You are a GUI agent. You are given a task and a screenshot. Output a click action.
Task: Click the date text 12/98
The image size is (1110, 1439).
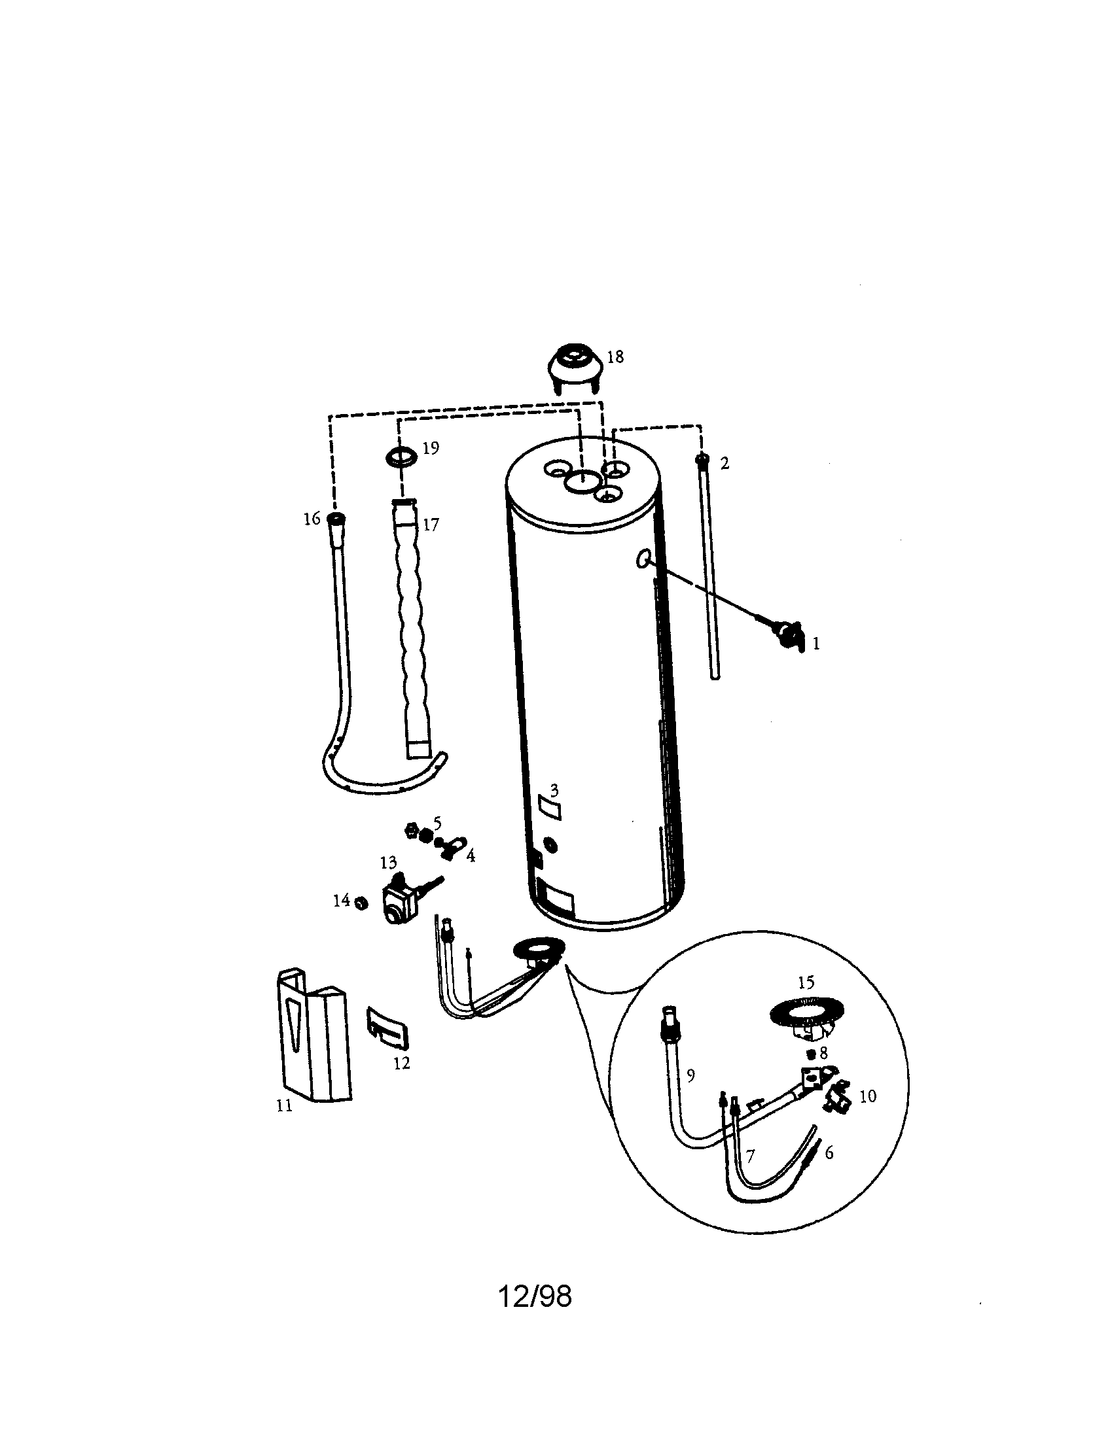point(535,1297)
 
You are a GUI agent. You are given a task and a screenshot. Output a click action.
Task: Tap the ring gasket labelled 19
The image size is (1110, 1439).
point(401,455)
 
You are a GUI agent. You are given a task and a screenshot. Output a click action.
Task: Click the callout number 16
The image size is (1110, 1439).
point(312,519)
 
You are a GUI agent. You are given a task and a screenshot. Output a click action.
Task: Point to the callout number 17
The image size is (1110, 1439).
point(431,525)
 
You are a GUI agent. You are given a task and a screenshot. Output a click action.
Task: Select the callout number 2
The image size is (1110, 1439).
point(725,463)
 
